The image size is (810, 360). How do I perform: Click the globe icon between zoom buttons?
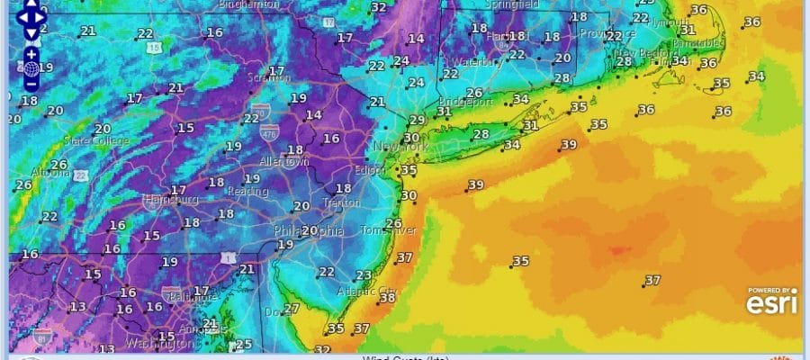point(31,68)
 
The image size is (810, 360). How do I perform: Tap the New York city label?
point(398,146)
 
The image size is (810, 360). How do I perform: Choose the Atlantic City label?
point(365,291)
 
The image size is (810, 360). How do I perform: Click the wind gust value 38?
point(388,298)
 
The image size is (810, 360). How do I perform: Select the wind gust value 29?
point(416,121)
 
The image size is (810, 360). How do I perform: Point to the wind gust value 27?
point(291,309)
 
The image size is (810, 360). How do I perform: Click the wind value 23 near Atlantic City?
point(364,275)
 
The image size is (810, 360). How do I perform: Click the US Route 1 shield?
point(233,258)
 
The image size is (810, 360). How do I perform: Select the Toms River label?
point(388,230)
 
